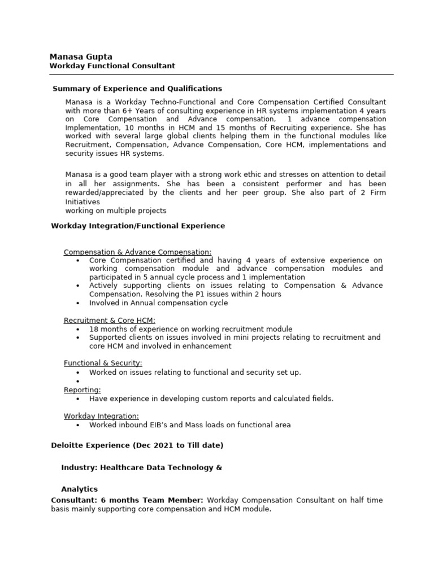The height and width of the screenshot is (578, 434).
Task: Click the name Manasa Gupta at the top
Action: coord(81,56)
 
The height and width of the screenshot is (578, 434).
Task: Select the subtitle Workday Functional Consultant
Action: coord(112,66)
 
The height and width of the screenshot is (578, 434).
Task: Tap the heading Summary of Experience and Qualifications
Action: coord(137,89)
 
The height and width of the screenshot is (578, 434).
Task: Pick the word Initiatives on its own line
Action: coord(83,202)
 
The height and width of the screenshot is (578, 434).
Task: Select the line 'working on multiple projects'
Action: coord(116,211)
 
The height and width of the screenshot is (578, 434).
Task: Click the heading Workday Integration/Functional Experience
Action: coord(138,226)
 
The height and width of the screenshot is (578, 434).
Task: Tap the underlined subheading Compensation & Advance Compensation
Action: coord(137,252)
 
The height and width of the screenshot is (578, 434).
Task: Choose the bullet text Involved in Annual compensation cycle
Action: coord(158,303)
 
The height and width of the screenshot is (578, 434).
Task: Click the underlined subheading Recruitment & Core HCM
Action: coord(109,321)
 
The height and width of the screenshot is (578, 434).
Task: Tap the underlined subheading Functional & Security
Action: coord(103,363)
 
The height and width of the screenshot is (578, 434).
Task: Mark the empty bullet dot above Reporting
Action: coord(77,382)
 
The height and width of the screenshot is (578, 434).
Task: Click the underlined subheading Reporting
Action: coord(83,389)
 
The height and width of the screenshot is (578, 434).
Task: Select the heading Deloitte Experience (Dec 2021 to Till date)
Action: coord(137,445)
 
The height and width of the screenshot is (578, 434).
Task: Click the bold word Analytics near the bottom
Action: coord(79,489)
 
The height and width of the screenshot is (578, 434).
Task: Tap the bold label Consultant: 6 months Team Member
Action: coord(127,500)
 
